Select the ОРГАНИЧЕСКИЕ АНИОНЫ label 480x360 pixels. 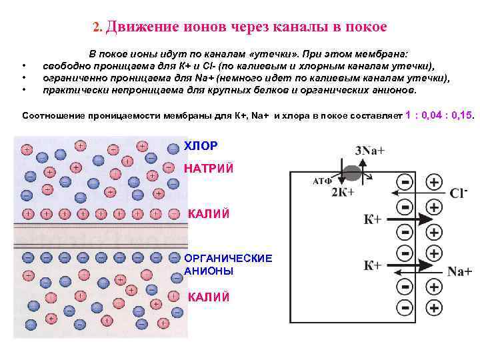coord(228,264)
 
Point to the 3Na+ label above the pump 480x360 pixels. coord(370,150)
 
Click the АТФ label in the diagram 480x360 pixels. coord(322,181)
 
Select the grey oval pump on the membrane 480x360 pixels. coord(353,173)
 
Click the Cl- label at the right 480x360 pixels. coord(459,193)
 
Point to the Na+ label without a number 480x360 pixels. coord(459,271)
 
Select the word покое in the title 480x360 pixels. coord(366,27)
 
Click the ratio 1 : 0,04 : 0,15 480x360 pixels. coord(440,115)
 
